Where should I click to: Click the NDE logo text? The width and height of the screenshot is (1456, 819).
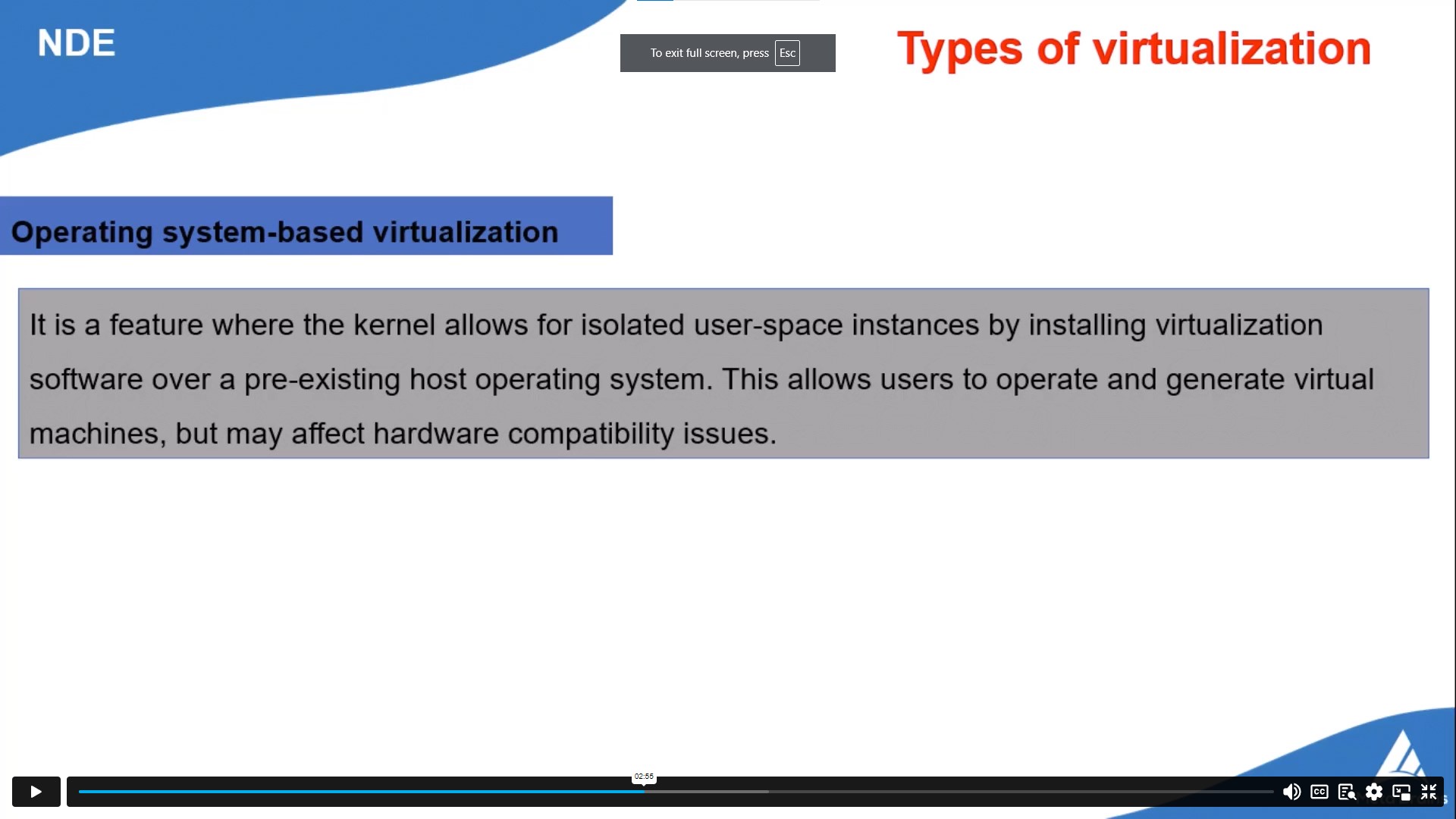(76, 43)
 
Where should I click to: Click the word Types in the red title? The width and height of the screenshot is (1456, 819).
(959, 49)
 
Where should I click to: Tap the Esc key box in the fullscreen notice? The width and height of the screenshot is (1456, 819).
(787, 53)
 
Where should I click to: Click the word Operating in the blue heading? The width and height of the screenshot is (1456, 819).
(82, 232)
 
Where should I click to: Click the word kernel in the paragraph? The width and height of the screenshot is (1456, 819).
(394, 325)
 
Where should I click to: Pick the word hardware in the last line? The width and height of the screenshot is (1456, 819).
(436, 434)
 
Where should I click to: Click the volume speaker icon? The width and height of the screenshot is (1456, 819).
(1291, 792)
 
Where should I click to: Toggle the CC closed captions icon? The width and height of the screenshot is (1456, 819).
(1319, 792)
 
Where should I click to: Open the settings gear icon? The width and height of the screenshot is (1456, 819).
(1374, 792)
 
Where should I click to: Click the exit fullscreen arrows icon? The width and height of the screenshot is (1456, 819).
(1429, 792)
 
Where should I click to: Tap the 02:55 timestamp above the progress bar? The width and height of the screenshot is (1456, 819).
(644, 777)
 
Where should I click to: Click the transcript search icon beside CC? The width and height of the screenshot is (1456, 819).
(1347, 792)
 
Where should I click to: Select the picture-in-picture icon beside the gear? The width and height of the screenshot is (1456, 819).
(1401, 792)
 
